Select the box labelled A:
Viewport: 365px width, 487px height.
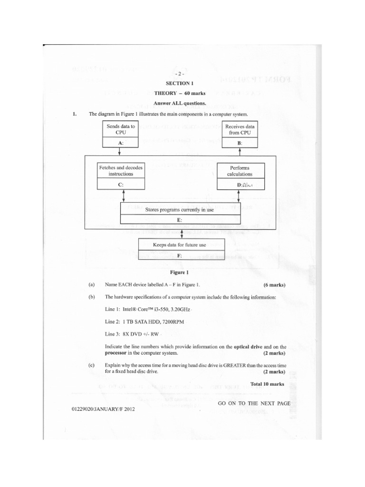coord(119,142)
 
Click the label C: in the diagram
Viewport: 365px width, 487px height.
coord(120,185)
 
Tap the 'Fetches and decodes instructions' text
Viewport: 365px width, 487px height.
coord(120,171)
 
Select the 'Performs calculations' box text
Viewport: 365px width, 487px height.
coord(240,171)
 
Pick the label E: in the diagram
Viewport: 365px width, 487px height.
coord(179,220)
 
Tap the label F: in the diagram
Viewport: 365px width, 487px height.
coord(179,256)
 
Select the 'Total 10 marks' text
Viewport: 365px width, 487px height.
coord(267,384)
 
